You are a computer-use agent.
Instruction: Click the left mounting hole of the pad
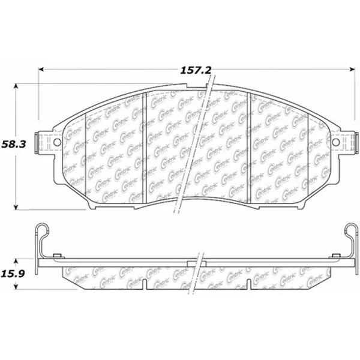pos(58,143)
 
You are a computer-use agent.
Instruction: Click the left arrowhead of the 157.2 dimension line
pos(43,70)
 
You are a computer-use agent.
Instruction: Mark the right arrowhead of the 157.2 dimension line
pos(350,70)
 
